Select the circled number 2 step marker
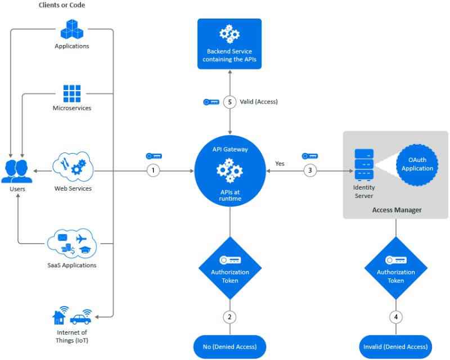click(229, 317)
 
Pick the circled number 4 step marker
click(395, 317)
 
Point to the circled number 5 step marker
click(229, 102)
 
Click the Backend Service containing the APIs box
click(229, 44)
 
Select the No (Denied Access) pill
click(229, 346)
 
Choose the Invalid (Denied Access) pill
click(395, 346)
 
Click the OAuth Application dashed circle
click(417, 164)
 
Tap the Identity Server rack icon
click(363, 164)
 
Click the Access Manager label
click(395, 210)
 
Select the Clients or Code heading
click(62, 5)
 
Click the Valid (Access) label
click(259, 102)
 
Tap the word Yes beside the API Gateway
click(280, 164)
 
